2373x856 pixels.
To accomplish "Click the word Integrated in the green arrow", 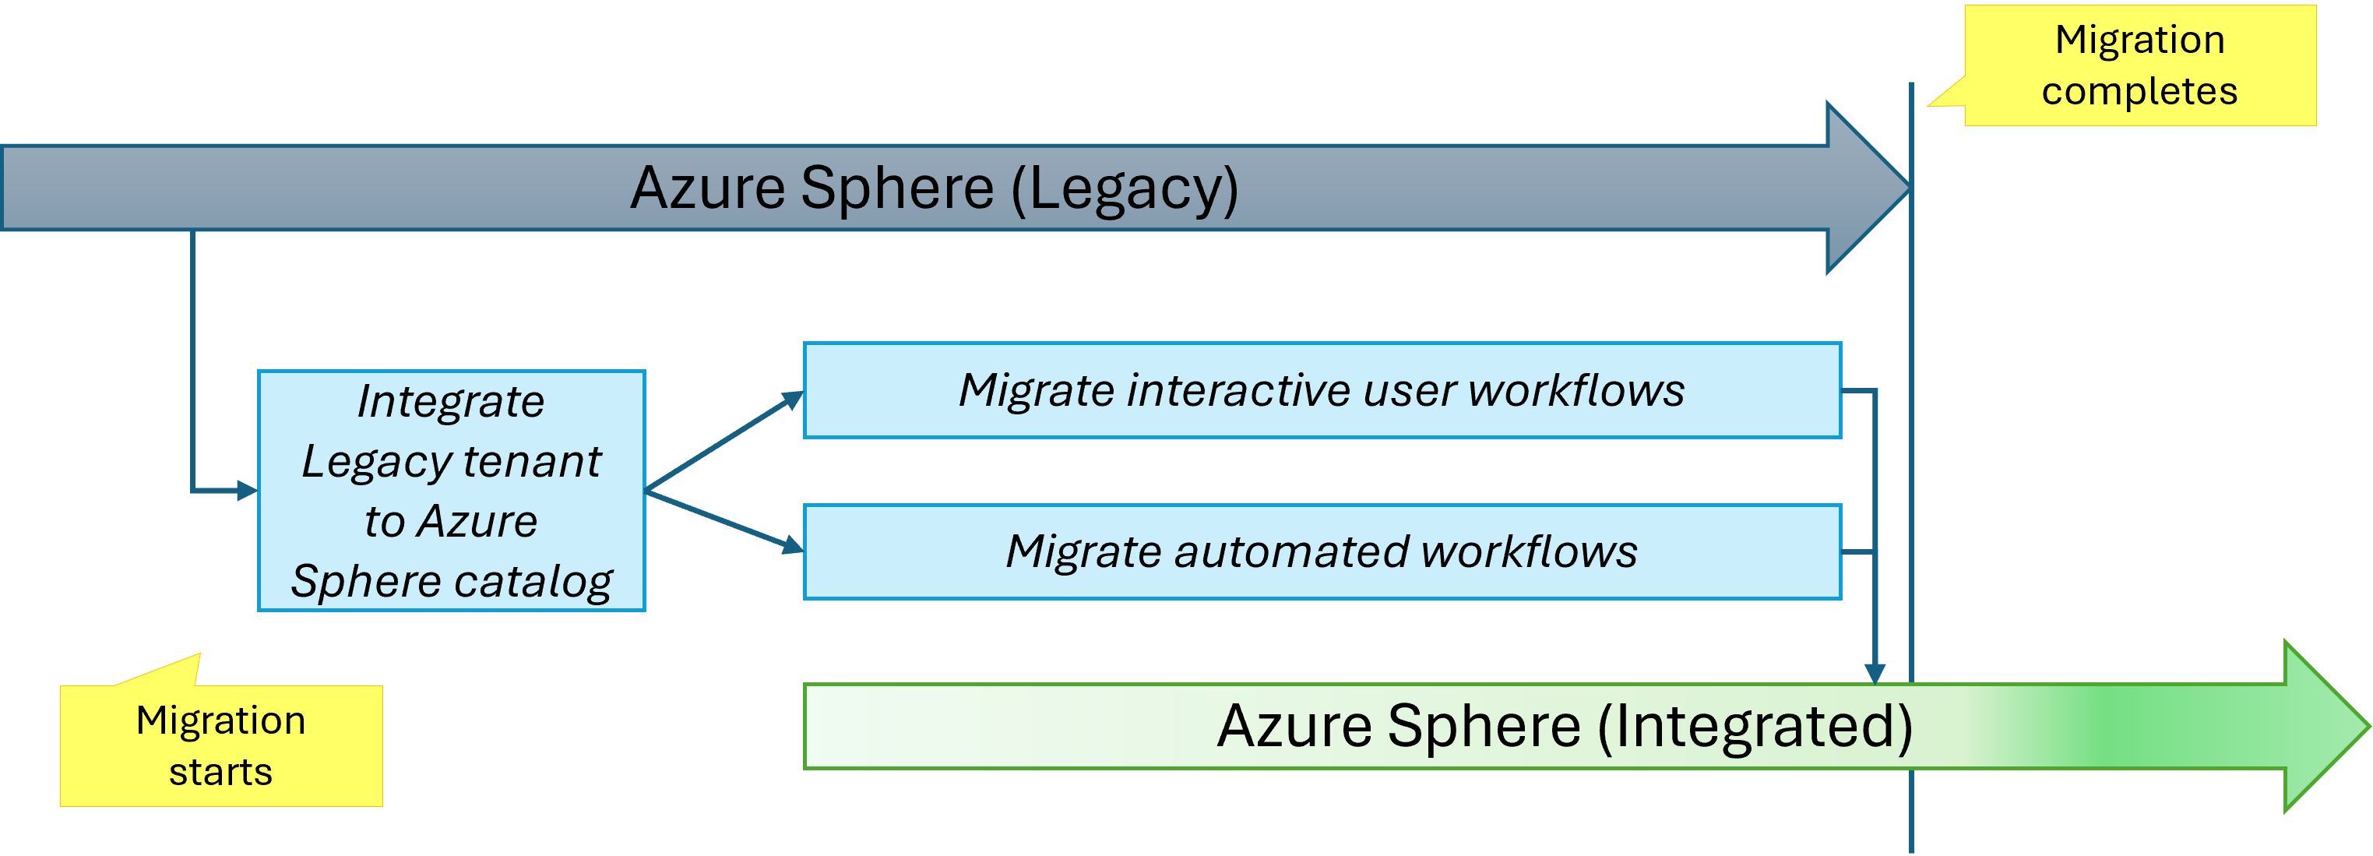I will pyautogui.click(x=1755, y=727).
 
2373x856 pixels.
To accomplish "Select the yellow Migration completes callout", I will pyautogui.click(x=2139, y=65).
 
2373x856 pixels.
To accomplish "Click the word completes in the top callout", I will pyautogui.click(x=2139, y=91).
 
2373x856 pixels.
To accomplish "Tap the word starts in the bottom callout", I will pyautogui.click(x=220, y=772).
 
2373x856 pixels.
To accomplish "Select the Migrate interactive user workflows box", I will pyautogui.click(x=1321, y=389).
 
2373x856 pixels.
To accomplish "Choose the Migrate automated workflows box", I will pyautogui.click(x=1321, y=551).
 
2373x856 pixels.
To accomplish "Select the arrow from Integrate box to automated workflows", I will pyautogui.click(x=724, y=520).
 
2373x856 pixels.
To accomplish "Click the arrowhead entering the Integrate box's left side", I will pyautogui.click(x=247, y=490).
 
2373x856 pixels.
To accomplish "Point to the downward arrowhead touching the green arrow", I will pyautogui.click(x=1874, y=673).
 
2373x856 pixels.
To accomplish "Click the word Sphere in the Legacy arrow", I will pyautogui.click(x=896, y=189).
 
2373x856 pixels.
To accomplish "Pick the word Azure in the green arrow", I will pyautogui.click(x=1294, y=727).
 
